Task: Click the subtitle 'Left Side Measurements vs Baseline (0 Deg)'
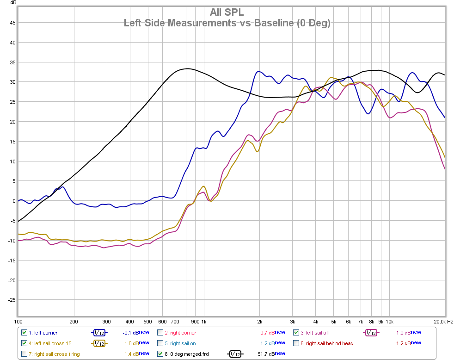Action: pyautogui.click(x=227, y=23)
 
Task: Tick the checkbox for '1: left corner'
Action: pyautogui.click(x=25, y=332)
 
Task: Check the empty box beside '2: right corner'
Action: pyautogui.click(x=160, y=332)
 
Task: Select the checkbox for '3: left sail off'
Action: pyautogui.click(x=296, y=332)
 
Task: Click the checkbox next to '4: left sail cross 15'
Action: pyautogui.click(x=25, y=343)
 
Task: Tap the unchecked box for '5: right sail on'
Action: pyautogui.click(x=160, y=343)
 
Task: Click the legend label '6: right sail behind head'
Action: pyautogui.click(x=330, y=343)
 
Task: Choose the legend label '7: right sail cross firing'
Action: pyautogui.click(x=54, y=354)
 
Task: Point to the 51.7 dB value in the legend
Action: pyautogui.click(x=264, y=354)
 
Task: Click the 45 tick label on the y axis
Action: pyautogui.click(x=12, y=23)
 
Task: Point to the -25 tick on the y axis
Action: pyautogui.click(x=12, y=300)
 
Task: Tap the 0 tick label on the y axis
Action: pyautogui.click(x=14, y=201)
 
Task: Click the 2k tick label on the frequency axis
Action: pyautogui.click(x=260, y=322)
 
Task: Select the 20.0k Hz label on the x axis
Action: pyautogui.click(x=443, y=322)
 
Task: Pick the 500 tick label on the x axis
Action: pyautogui.click(x=148, y=322)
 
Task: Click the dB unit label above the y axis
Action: pyautogui.click(x=14, y=4)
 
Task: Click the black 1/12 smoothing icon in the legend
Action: pyautogui.click(x=235, y=354)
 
